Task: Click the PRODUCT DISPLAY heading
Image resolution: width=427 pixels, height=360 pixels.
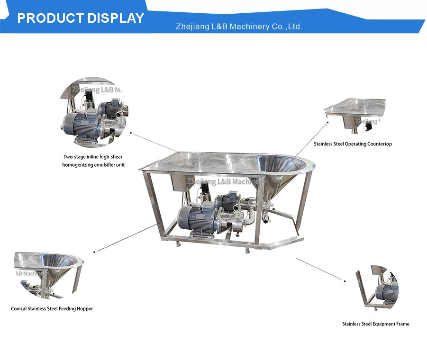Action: click(81, 18)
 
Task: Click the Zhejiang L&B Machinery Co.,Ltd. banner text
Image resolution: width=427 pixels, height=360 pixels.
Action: click(239, 27)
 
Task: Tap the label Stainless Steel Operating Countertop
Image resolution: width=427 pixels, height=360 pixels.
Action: click(353, 144)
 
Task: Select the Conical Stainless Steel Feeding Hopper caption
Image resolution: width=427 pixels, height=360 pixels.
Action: click(52, 308)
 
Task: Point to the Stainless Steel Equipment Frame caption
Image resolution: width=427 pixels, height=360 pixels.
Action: click(375, 324)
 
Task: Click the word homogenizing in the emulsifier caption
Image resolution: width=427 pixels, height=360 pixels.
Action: click(77, 165)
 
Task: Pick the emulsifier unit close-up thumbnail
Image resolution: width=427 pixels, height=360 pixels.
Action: click(94, 112)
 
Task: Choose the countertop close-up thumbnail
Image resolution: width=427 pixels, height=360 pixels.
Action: click(355, 116)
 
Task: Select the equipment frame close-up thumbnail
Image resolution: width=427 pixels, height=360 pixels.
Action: click(377, 288)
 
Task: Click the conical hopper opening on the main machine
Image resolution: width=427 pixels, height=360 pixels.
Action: click(275, 163)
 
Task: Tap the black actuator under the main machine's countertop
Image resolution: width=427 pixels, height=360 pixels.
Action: click(204, 188)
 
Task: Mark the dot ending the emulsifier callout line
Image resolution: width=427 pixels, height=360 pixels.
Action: click(131, 133)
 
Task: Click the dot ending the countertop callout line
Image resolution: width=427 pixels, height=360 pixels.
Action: click(327, 123)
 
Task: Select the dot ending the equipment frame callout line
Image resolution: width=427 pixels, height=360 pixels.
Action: click(345, 281)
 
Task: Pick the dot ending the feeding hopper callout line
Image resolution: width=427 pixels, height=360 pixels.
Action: click(94, 252)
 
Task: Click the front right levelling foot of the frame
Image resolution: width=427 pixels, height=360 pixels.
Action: click(247, 250)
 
